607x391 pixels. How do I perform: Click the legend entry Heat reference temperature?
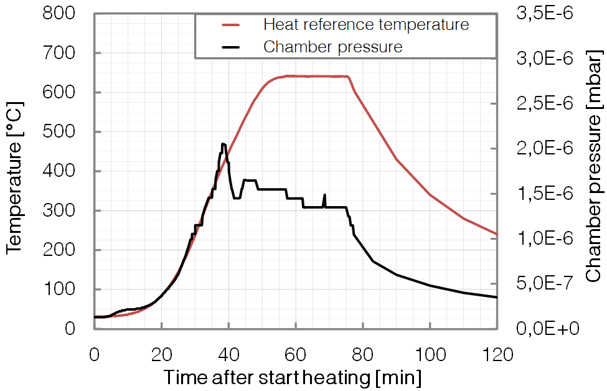pyautogui.click(x=365, y=25)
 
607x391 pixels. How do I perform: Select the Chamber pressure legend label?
pyautogui.click(x=332, y=47)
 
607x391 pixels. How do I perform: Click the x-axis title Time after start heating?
pyautogui.click(x=293, y=377)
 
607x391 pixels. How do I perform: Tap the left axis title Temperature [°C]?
pyautogui.click(x=14, y=171)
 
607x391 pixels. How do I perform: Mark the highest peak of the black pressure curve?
pyautogui.click(x=223, y=144)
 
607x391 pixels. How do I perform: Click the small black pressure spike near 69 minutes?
pyautogui.click(x=324, y=195)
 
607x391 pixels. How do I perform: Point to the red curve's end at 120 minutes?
pyautogui.click(x=497, y=234)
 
